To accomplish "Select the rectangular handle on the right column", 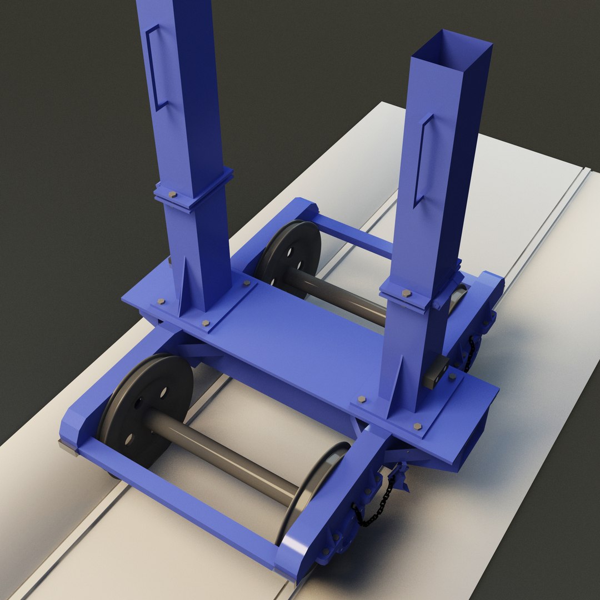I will pos(422,161).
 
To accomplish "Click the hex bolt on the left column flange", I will pos(172,195).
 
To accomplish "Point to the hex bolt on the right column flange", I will pos(406,293).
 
